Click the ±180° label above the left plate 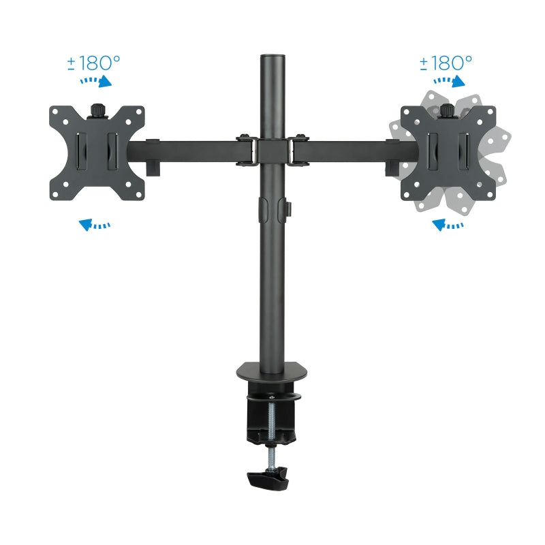coord(93,63)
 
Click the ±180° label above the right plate coord(446,63)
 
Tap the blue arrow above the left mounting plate coord(95,82)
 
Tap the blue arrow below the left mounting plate coord(95,223)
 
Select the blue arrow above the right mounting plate coord(449,82)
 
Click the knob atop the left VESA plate coord(97,109)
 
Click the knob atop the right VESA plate coord(448,109)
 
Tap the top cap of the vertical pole coord(272,54)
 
